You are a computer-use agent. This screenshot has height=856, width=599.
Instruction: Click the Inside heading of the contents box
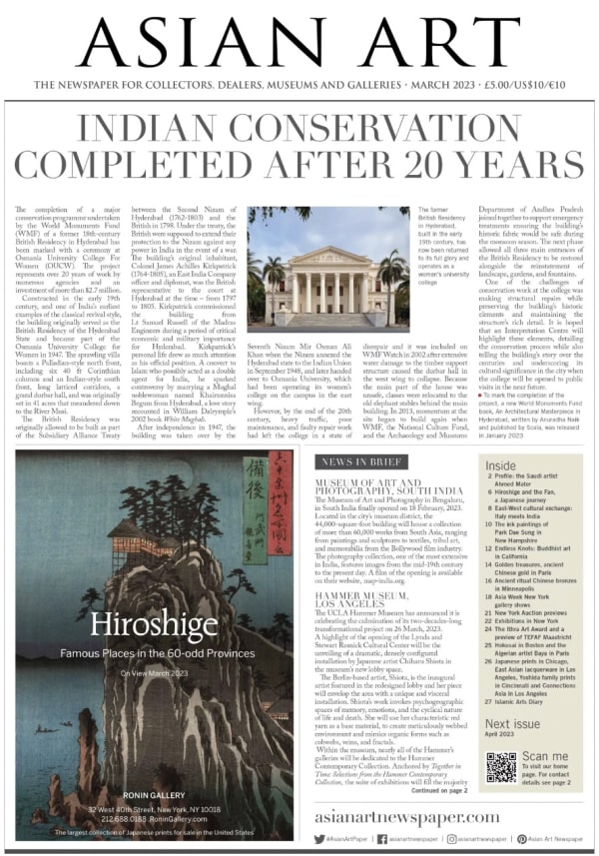501,465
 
